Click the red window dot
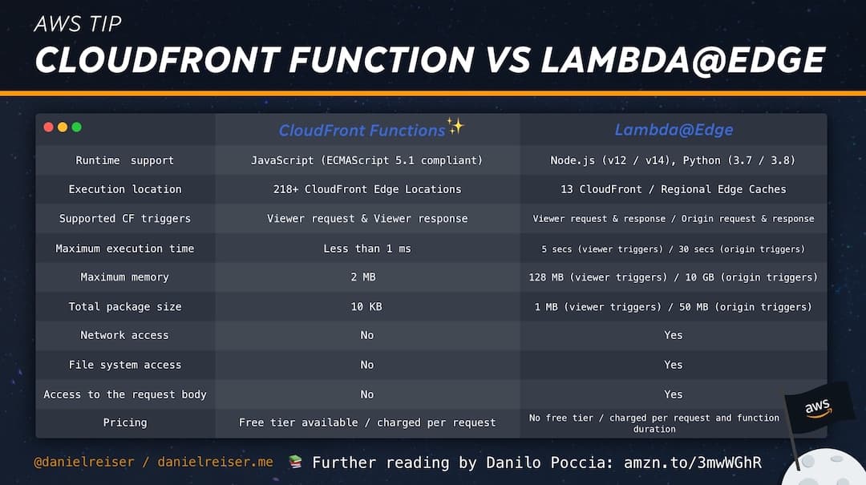coord(48,127)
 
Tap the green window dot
coord(76,127)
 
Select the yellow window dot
coord(63,127)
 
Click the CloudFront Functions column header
coord(362,130)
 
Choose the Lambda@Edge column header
coord(674,130)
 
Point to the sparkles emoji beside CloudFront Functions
coord(455,126)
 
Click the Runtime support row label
coord(125,160)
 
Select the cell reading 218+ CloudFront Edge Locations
coord(367,189)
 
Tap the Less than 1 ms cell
coord(367,249)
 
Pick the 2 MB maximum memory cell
coord(367,277)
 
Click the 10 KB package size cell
coord(367,307)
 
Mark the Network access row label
coord(125,335)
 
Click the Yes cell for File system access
coord(674,365)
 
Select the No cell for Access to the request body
coord(367,394)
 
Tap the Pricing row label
coord(125,422)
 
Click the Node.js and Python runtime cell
coord(673,160)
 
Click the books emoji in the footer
coord(295,463)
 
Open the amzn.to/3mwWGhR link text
coord(691,463)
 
